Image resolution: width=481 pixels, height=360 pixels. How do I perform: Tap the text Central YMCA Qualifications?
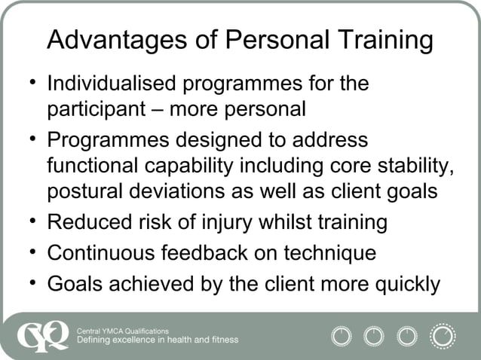tap(124, 331)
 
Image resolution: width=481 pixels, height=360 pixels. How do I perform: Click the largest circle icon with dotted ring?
tap(442, 335)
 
